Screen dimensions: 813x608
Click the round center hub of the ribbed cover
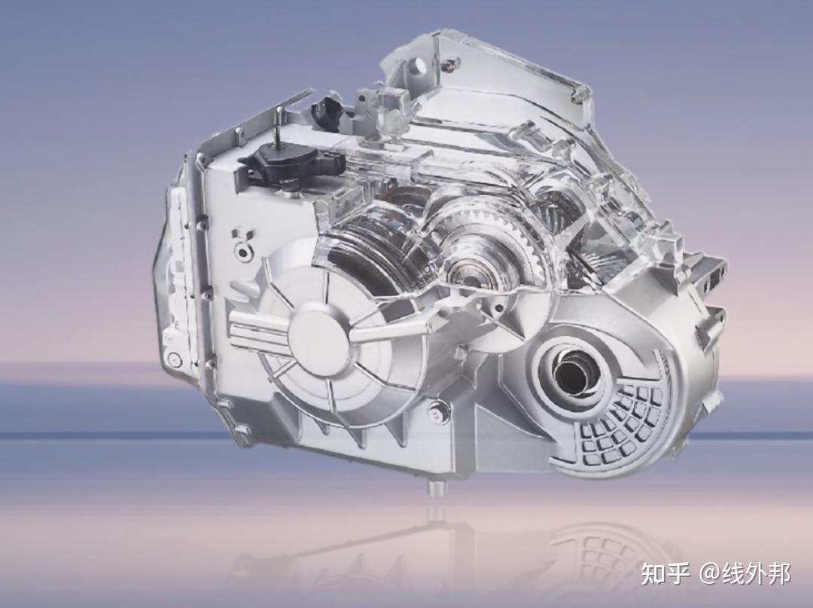pyautogui.click(x=318, y=335)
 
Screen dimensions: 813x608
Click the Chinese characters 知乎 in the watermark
pyautogui.click(x=666, y=574)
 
